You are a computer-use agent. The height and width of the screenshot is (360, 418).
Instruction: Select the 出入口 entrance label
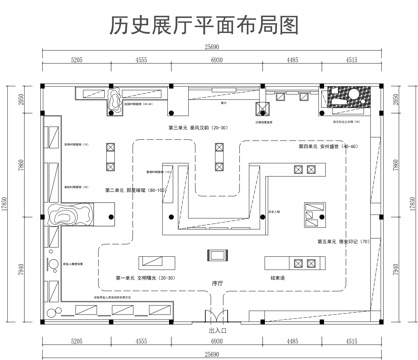216,329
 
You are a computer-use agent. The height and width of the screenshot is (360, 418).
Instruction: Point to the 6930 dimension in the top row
215,61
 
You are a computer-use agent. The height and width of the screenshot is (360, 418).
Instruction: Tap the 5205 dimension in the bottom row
77,341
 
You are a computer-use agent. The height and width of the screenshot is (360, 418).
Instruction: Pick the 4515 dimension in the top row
352,61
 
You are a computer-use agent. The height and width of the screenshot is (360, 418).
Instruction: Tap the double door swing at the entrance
216,313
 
